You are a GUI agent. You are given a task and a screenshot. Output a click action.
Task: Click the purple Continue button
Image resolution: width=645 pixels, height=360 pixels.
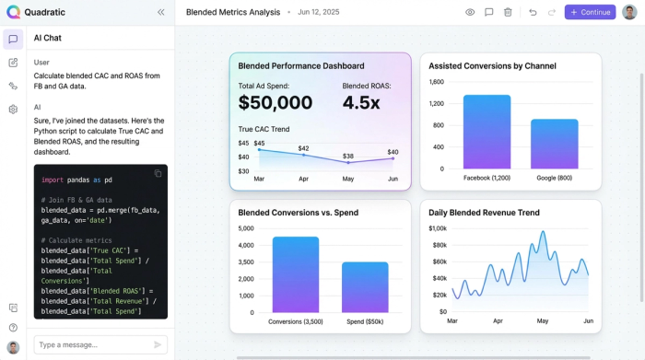(x=590, y=12)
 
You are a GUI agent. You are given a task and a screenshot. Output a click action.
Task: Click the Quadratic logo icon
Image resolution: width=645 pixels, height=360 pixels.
(x=13, y=12)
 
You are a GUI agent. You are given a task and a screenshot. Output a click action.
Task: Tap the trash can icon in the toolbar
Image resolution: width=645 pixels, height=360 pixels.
(x=508, y=12)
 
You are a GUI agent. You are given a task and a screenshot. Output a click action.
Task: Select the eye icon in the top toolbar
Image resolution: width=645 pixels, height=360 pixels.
(x=470, y=12)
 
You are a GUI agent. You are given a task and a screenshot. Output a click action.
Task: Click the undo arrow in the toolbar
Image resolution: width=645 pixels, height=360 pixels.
(x=533, y=12)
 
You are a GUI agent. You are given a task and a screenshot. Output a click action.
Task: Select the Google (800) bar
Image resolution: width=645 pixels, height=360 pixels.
(x=554, y=144)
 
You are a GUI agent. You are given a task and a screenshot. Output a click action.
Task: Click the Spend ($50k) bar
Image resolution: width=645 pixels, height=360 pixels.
(x=339, y=287)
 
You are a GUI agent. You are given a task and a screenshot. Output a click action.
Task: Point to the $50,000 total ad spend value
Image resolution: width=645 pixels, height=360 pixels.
(x=275, y=102)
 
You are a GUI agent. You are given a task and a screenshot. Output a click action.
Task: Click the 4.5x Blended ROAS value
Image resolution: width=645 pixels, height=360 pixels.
(x=361, y=102)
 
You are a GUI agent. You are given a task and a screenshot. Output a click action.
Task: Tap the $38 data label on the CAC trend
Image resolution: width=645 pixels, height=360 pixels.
(x=347, y=157)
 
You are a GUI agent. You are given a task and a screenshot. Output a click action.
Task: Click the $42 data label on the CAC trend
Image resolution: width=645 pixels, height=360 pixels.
(x=303, y=148)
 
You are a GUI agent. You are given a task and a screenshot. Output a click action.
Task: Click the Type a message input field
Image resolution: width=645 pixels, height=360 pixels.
(x=92, y=344)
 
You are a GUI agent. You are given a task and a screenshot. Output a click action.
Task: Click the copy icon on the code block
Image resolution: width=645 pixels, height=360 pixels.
(x=158, y=173)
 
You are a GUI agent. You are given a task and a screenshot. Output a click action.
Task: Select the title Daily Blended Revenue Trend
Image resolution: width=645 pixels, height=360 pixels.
(x=484, y=213)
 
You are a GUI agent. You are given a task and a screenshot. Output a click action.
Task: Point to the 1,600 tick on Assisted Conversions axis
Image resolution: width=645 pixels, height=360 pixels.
(x=436, y=82)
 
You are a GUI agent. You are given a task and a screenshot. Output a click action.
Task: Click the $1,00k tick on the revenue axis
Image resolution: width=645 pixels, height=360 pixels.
(x=438, y=228)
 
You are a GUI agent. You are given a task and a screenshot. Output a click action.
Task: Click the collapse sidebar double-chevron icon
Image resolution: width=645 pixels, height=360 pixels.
(x=161, y=12)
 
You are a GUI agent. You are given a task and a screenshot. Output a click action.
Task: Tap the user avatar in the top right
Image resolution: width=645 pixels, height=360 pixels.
(x=629, y=12)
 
